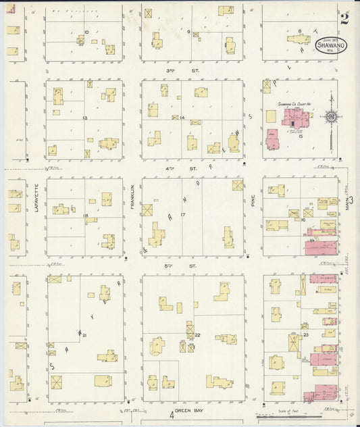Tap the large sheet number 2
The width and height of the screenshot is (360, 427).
point(344,18)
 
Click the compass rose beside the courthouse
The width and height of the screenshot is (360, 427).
point(330,117)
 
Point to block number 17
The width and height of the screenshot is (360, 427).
point(182,215)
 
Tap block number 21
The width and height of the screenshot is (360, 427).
point(84,335)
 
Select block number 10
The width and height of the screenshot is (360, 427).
point(86,32)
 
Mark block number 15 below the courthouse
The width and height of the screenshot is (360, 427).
point(301,136)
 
